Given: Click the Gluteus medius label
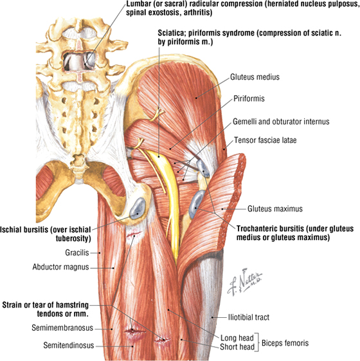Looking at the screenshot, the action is click(x=255, y=77).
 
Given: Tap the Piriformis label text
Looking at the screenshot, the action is click(x=249, y=98).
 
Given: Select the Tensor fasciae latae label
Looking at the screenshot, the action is click(x=265, y=140).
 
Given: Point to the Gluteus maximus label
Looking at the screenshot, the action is click(x=275, y=208).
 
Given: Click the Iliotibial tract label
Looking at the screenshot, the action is click(x=248, y=317).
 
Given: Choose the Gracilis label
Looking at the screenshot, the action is click(x=77, y=252).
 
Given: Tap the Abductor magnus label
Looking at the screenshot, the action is click(x=60, y=267).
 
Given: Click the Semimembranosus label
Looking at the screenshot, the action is click(x=62, y=328).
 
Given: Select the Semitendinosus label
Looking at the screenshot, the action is click(x=69, y=346).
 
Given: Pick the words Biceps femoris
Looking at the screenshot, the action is click(x=285, y=343).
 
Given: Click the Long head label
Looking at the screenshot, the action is click(x=237, y=338).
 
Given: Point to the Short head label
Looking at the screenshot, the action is click(x=237, y=347).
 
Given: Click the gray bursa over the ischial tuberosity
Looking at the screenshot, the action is click(x=138, y=208).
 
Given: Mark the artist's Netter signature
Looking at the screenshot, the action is click(x=245, y=282).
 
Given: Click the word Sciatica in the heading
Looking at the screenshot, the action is click(x=171, y=33).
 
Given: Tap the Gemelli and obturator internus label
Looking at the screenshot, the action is click(x=281, y=122).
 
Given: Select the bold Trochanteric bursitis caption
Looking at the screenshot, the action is click(x=295, y=233).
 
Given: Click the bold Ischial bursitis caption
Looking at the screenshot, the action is click(x=46, y=234).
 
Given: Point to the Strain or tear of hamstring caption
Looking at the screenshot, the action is click(x=45, y=309).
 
